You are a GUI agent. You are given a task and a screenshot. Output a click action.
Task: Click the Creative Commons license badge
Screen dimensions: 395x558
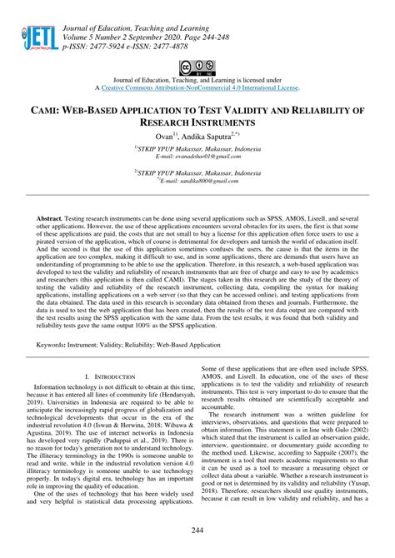click(197, 66)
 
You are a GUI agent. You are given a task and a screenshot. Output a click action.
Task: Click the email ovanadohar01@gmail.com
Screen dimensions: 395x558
click(197, 155)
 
